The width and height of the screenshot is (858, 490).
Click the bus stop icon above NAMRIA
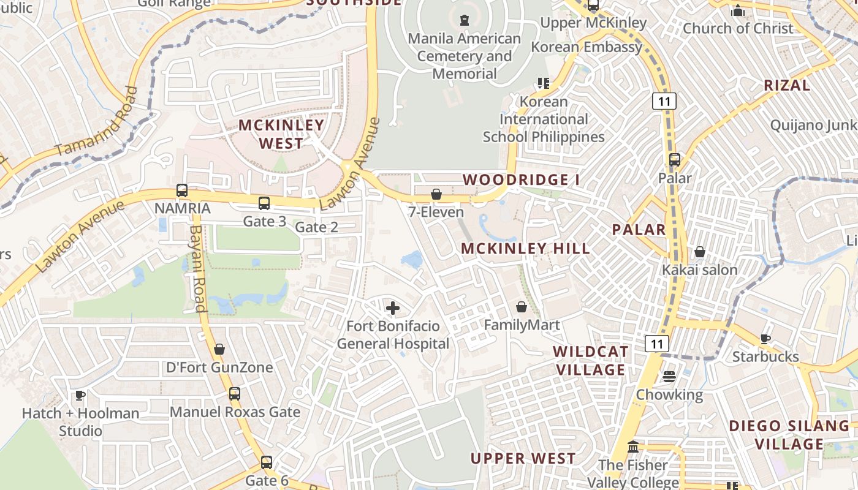click(182, 190)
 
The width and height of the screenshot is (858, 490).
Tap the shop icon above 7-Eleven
click(436, 194)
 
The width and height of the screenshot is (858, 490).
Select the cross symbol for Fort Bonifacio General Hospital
click(393, 308)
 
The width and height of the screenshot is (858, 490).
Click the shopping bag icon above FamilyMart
click(522, 307)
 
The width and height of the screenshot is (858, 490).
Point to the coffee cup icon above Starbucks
click(765, 339)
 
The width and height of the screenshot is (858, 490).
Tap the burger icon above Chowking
click(669, 376)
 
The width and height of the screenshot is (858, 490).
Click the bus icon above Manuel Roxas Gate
click(235, 394)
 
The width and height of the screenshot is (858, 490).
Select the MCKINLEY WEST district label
click(281, 134)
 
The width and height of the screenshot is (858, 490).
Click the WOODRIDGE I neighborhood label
click(521, 180)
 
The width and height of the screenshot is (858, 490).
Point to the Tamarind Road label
click(97, 122)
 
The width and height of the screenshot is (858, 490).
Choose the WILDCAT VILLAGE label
click(590, 361)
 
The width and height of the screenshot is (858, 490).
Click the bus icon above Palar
click(675, 160)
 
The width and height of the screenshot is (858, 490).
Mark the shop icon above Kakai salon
click(700, 252)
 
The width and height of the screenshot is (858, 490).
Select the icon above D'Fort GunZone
click(219, 349)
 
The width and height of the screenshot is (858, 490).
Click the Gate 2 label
click(316, 227)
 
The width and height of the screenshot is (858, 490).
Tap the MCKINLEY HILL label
click(525, 249)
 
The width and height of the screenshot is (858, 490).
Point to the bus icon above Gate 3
click(264, 203)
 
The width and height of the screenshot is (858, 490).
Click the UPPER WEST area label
click(523, 459)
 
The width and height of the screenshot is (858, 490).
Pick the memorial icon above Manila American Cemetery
click(464, 20)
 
